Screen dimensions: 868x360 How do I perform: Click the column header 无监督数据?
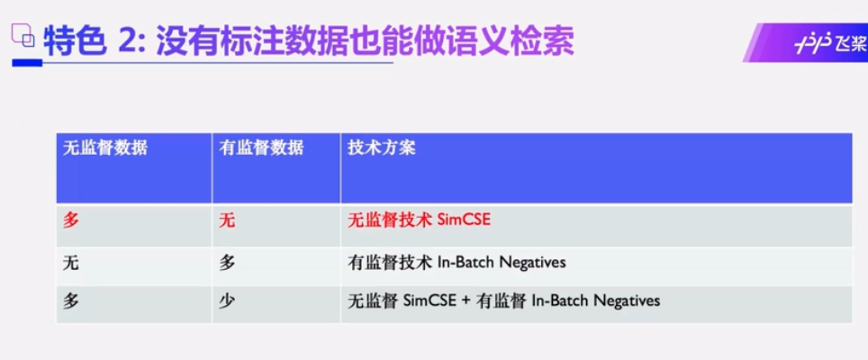105,148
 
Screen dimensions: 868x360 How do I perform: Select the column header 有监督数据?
261,148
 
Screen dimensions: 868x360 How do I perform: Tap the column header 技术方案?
382,148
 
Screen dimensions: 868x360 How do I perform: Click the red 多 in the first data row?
71,220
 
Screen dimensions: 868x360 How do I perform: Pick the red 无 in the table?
227,220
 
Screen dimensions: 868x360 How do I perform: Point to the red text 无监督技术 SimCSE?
419,220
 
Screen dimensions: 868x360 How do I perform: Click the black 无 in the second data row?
71,262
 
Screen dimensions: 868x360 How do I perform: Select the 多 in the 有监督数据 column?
227,262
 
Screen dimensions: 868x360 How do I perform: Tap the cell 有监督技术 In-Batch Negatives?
457,262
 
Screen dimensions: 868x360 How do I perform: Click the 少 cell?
227,301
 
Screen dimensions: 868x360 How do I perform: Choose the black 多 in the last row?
71,301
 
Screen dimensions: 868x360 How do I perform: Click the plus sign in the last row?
466,301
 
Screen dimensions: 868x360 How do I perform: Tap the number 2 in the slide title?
130,42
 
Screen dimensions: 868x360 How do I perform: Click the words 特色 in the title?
75,42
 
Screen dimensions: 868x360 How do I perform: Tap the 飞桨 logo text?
848,46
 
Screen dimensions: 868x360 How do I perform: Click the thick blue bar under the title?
27,64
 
